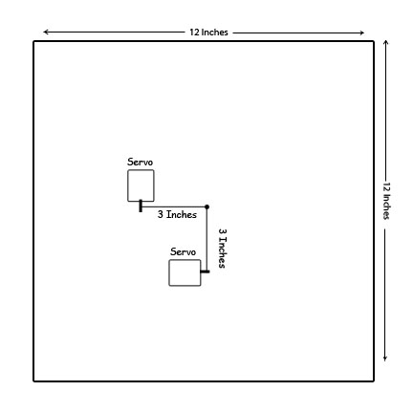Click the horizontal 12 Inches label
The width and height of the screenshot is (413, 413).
[208, 33]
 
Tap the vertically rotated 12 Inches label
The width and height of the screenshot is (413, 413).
[386, 201]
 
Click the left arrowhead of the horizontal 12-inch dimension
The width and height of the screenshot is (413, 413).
[46, 32]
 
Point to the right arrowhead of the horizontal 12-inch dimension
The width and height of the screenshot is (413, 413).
[361, 33]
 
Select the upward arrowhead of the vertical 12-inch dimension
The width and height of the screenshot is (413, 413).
[385, 43]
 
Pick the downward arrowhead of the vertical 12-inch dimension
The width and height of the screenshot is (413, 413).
[385, 359]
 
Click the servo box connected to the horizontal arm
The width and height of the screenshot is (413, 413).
[141, 185]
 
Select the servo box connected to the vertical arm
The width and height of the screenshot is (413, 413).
[185, 272]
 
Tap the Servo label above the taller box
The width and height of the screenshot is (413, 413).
[140, 162]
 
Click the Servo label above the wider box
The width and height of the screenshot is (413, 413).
[183, 251]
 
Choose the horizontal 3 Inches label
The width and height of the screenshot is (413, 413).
[177, 214]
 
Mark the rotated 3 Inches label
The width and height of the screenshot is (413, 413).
[223, 249]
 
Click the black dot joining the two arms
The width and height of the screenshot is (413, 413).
[206, 206]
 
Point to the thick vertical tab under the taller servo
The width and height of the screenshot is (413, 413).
[141, 206]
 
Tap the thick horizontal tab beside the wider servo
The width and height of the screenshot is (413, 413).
[205, 272]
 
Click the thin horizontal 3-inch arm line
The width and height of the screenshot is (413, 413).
[174, 206]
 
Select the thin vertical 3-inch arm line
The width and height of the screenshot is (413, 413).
[206, 239]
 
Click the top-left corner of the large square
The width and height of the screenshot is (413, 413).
[33, 41]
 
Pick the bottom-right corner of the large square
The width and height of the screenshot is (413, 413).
[374, 380]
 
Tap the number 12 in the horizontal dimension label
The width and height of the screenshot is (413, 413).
[194, 33]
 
